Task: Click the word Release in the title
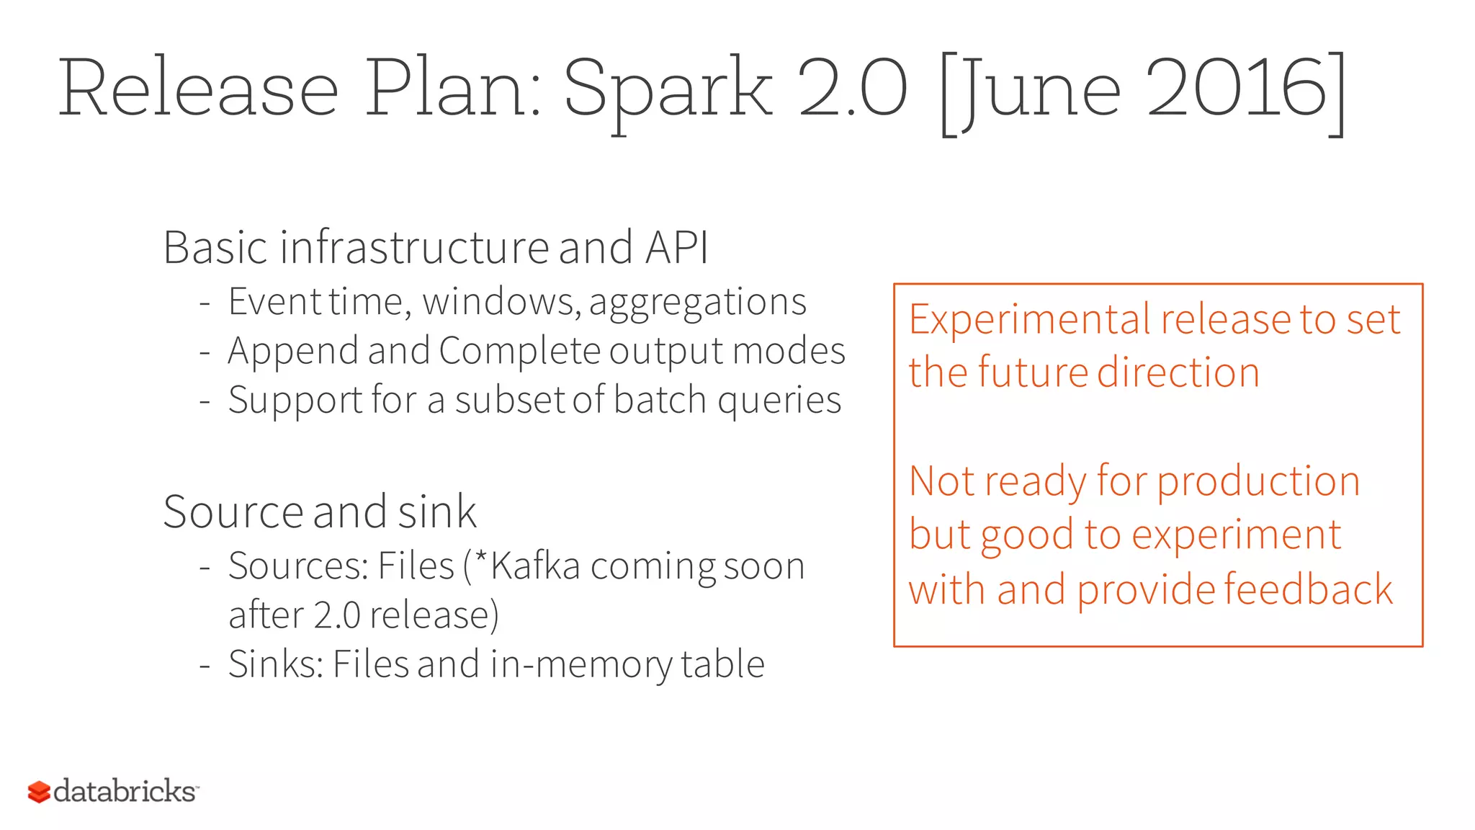pos(198,89)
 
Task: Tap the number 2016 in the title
pos(1236,89)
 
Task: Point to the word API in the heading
pos(677,248)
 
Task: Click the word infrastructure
pos(415,248)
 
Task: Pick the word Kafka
pos(535,566)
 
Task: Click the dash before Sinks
pos(205,664)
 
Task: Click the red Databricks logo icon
pos(39,792)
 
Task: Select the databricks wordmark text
pos(125,791)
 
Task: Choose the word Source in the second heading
pos(233,512)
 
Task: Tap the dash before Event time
pos(205,303)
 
